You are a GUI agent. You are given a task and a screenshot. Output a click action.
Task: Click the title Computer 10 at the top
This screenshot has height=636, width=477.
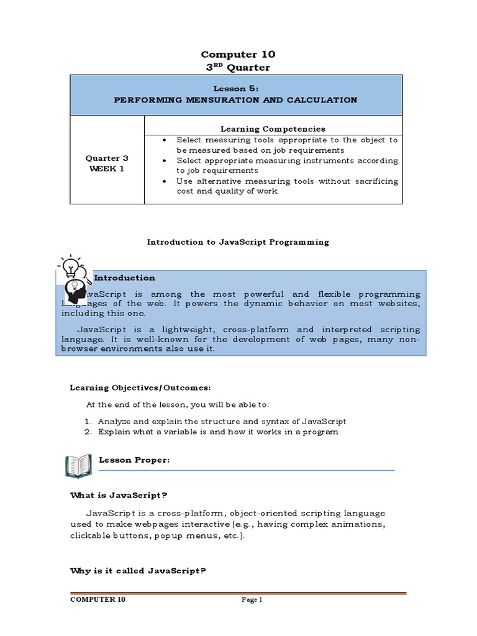[238, 54]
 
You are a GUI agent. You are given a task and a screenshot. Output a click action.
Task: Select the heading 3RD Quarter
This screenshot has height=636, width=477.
[238, 67]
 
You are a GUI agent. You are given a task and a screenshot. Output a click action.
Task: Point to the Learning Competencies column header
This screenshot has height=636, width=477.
[273, 129]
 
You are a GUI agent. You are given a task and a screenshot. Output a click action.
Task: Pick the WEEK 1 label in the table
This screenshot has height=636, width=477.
[107, 168]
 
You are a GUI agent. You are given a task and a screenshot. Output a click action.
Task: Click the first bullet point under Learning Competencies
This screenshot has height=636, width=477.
[163, 140]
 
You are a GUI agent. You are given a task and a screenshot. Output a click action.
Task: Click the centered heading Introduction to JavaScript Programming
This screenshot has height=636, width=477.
[238, 242]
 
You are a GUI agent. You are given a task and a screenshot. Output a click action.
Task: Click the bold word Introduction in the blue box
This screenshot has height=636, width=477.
[124, 278]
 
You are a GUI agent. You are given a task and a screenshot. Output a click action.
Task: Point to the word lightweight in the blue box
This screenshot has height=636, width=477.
[189, 329]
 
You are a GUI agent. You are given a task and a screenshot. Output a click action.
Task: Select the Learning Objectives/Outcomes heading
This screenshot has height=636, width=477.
[140, 388]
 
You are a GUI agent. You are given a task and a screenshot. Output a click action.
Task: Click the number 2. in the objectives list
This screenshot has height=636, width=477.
[89, 432]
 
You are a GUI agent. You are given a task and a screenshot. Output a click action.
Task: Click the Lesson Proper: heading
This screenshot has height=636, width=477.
[134, 460]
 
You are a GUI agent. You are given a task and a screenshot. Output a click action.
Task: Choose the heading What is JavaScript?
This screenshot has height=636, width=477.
[119, 495]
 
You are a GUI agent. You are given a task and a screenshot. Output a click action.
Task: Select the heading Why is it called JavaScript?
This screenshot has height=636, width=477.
[137, 571]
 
